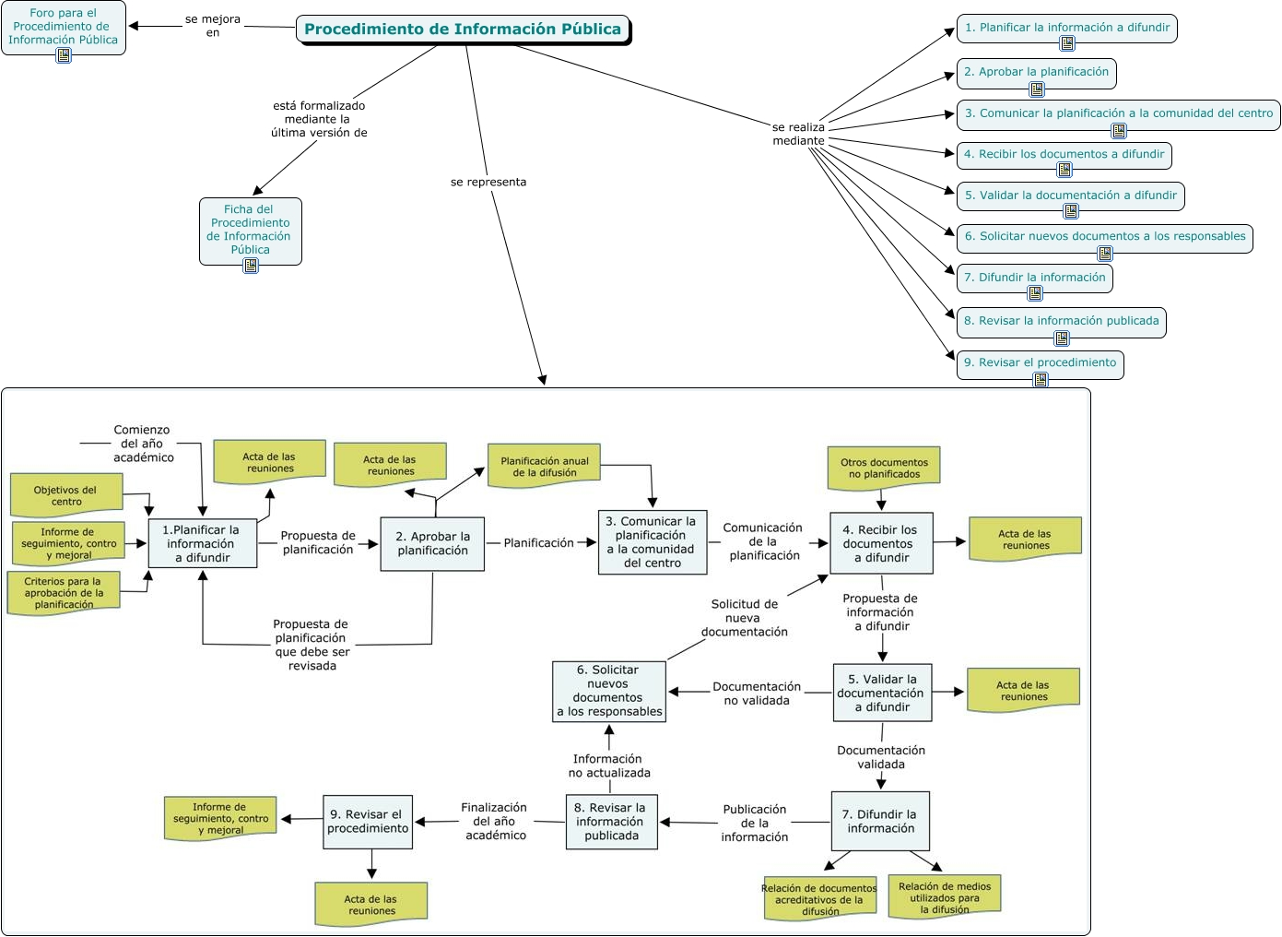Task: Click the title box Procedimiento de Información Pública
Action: [463, 29]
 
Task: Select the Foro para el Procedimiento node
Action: [63, 27]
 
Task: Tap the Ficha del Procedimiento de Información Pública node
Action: [250, 229]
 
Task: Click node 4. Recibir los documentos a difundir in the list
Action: [1064, 154]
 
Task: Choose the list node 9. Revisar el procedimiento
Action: [1040, 362]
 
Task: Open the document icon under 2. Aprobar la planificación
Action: [1037, 89]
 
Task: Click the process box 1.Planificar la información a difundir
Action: [202, 543]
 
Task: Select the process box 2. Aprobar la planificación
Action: [432, 543]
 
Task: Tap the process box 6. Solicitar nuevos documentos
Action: [608, 691]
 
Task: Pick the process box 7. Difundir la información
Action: [880, 821]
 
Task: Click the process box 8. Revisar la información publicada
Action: [611, 821]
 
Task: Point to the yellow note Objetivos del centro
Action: [65, 495]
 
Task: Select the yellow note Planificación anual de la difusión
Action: [544, 467]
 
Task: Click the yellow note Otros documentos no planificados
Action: [884, 468]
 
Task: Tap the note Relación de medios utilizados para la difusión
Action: [944, 897]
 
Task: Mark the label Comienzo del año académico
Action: [143, 444]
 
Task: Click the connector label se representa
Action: [488, 182]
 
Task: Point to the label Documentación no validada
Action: [757, 694]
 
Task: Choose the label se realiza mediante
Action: [798, 134]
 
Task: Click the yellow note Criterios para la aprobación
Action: [64, 592]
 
